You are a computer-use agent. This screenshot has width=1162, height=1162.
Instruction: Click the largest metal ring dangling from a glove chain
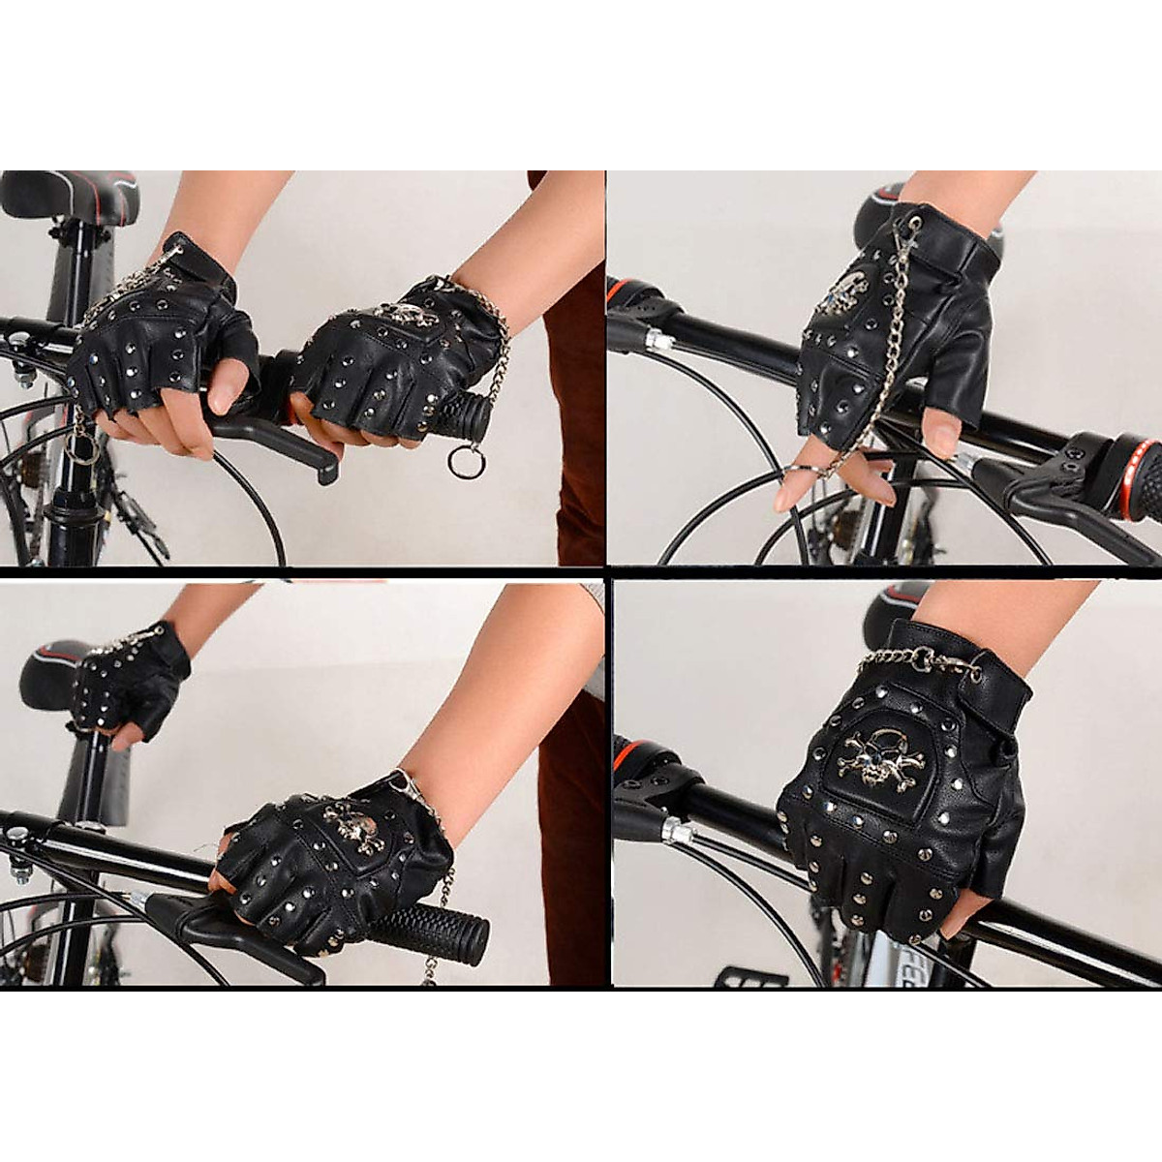coord(466,461)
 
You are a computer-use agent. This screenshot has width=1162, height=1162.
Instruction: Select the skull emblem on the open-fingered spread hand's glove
coord(840,292)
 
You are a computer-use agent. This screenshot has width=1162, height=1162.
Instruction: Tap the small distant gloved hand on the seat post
coord(131,680)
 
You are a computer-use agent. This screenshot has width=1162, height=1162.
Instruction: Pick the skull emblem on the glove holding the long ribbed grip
coord(351,825)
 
